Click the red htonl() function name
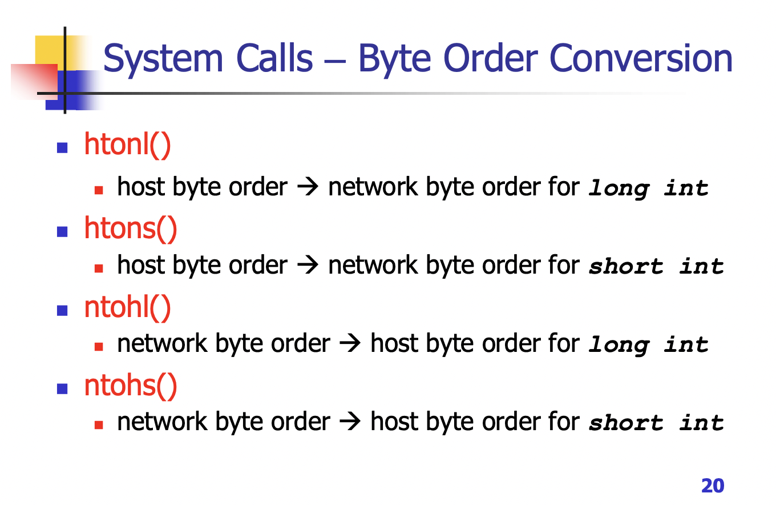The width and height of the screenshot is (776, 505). (x=127, y=145)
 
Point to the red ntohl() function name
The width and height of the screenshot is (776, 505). (x=127, y=307)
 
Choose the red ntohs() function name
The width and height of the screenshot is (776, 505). (x=131, y=386)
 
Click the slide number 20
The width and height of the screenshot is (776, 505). (x=713, y=486)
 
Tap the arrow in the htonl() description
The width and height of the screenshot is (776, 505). (x=308, y=188)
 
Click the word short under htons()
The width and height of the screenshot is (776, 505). (x=627, y=266)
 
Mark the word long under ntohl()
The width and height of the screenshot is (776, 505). (x=619, y=345)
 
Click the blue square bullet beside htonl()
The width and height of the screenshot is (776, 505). (x=63, y=148)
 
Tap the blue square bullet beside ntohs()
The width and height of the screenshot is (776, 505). (x=63, y=389)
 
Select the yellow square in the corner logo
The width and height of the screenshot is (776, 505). (x=48, y=50)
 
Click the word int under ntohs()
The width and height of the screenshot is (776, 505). (x=701, y=423)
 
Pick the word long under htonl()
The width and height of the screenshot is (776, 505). (x=619, y=189)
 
